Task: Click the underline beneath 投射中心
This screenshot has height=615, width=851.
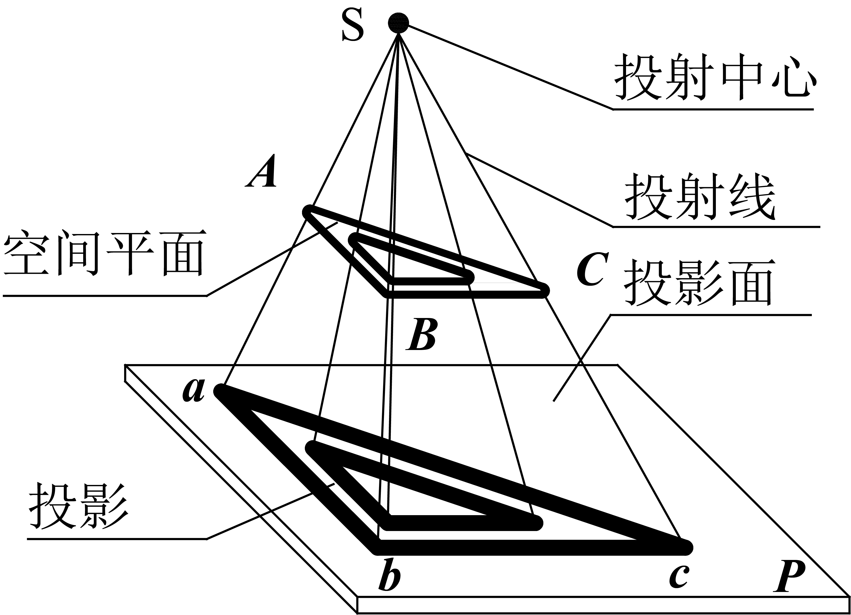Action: pyautogui.click(x=713, y=110)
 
